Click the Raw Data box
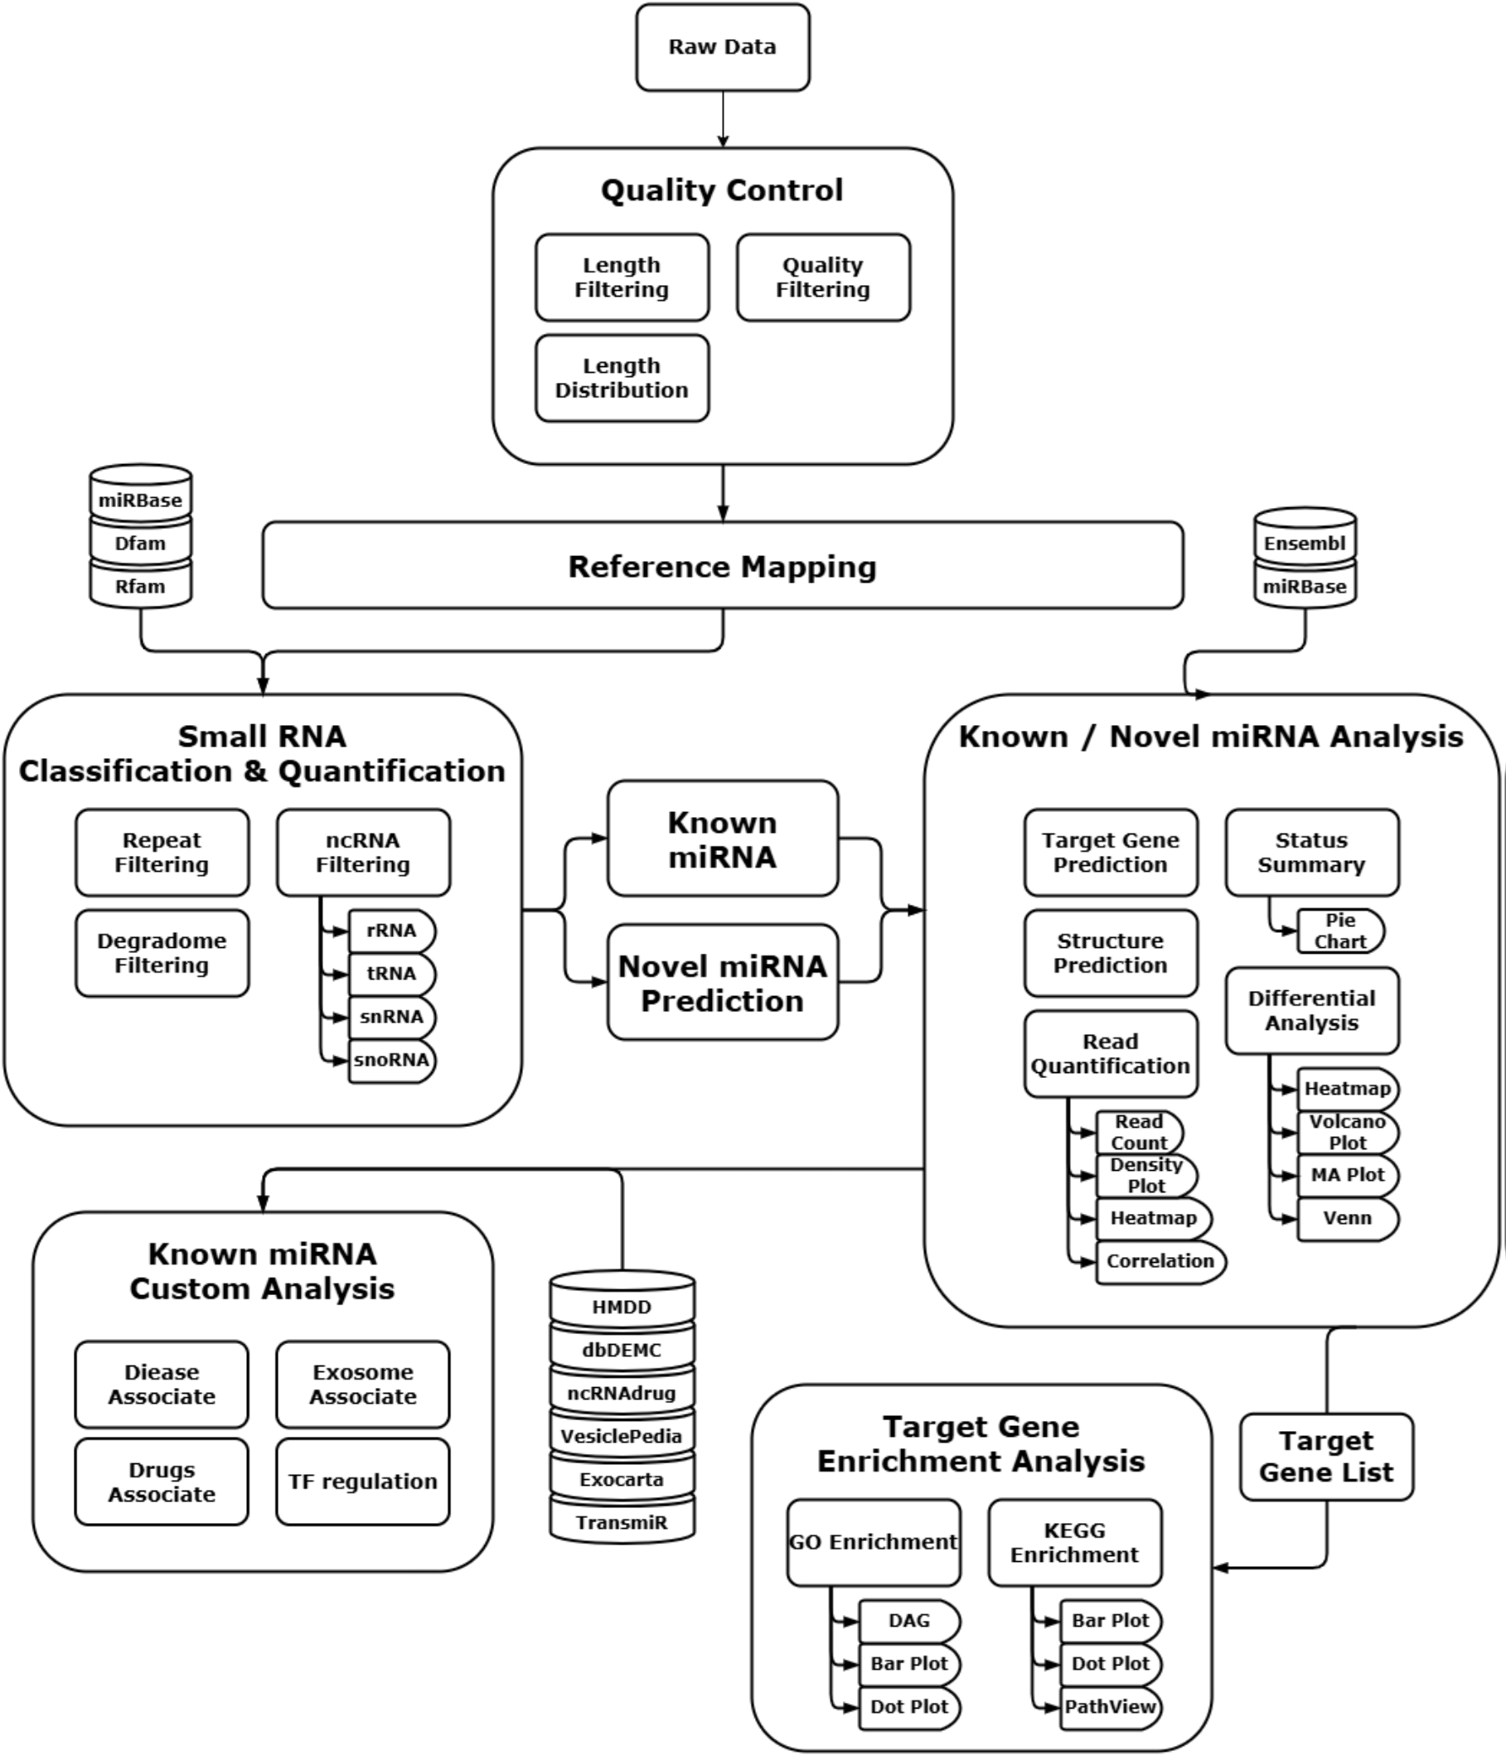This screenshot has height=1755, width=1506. [723, 47]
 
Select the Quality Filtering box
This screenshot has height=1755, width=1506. [823, 278]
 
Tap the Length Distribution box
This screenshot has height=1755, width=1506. [622, 378]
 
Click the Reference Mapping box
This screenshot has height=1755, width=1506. [723, 566]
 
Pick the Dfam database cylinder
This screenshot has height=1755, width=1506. [141, 543]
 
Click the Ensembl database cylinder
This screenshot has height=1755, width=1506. [1305, 543]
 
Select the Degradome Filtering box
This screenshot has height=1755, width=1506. [162, 953]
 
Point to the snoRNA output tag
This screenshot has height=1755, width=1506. [391, 1061]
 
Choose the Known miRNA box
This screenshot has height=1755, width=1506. [723, 839]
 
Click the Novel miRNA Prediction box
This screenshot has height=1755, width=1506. [723, 983]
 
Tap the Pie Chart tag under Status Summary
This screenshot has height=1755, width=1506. [1340, 931]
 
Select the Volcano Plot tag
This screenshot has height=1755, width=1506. [1347, 1133]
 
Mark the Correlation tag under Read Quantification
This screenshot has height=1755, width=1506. [1160, 1261]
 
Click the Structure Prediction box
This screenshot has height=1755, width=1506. [1111, 953]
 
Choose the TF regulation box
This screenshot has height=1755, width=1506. [362, 1482]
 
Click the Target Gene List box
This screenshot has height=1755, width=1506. [1326, 1457]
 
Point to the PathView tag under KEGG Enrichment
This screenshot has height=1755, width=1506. [1111, 1707]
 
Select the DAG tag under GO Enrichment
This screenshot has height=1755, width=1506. [909, 1620]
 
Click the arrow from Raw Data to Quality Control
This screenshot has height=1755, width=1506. [723, 118]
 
